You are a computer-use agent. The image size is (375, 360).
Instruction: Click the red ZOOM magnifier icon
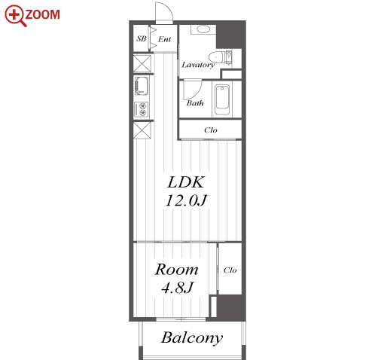tap(16, 15)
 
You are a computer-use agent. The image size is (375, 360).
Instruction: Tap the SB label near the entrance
tap(142, 38)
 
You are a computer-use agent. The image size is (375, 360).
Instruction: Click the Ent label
tap(164, 39)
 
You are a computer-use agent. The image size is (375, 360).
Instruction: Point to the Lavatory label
tap(198, 65)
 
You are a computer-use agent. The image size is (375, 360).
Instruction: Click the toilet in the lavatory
tap(217, 57)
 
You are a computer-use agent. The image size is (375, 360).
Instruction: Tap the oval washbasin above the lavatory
tap(203, 29)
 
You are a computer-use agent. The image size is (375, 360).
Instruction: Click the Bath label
tap(195, 103)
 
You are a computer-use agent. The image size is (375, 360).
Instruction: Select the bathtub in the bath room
tap(222, 100)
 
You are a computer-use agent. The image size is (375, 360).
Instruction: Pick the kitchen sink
tap(142, 86)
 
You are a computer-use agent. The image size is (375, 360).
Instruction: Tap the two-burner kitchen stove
tap(142, 109)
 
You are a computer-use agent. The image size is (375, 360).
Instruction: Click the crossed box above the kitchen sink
tap(142, 63)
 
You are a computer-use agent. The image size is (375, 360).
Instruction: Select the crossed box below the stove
tap(142, 130)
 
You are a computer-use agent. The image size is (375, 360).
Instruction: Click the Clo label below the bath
tap(211, 130)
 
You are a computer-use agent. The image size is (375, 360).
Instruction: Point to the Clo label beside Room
tap(230, 270)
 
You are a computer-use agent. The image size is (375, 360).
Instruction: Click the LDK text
tap(186, 182)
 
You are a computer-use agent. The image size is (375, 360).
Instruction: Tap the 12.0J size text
tap(186, 200)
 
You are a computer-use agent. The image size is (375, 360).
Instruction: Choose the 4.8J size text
tap(178, 288)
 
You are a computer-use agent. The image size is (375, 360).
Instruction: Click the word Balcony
tap(192, 338)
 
